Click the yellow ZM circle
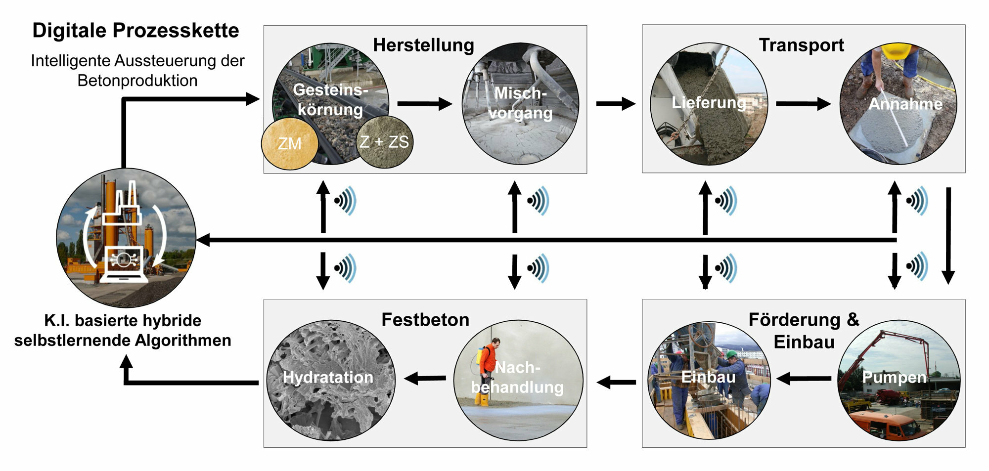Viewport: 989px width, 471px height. (290, 143)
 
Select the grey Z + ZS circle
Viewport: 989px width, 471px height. (385, 142)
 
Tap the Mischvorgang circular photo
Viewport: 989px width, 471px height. (520, 104)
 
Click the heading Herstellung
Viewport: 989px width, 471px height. (423, 45)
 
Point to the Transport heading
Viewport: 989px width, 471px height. (801, 45)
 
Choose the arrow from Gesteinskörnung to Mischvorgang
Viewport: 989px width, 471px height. (424, 104)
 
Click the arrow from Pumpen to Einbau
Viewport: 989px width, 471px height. (803, 379)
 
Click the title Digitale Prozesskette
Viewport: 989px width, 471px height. (135, 31)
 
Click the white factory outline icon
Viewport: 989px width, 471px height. (121, 208)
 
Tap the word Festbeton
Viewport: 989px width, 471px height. (425, 320)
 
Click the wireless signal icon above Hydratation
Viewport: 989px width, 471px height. (345, 268)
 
